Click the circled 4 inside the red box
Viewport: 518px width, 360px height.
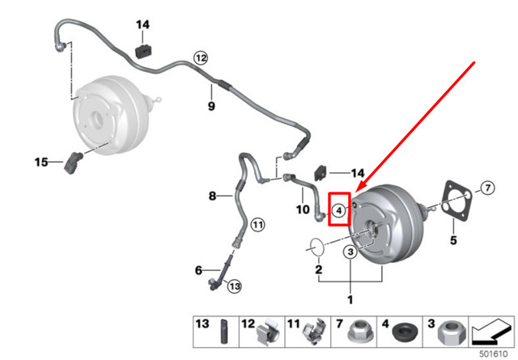pos(340,210)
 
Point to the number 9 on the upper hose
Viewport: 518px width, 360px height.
pos(212,106)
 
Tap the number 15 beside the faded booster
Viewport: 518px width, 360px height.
pos(41,163)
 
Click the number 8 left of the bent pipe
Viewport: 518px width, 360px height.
pos(213,196)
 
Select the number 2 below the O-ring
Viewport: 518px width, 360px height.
pos(319,269)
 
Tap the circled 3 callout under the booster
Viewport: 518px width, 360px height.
pos(350,253)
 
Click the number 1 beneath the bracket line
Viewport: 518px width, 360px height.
pos(350,299)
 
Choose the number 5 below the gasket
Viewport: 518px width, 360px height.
pos(453,240)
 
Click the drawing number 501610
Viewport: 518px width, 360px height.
pos(495,353)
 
